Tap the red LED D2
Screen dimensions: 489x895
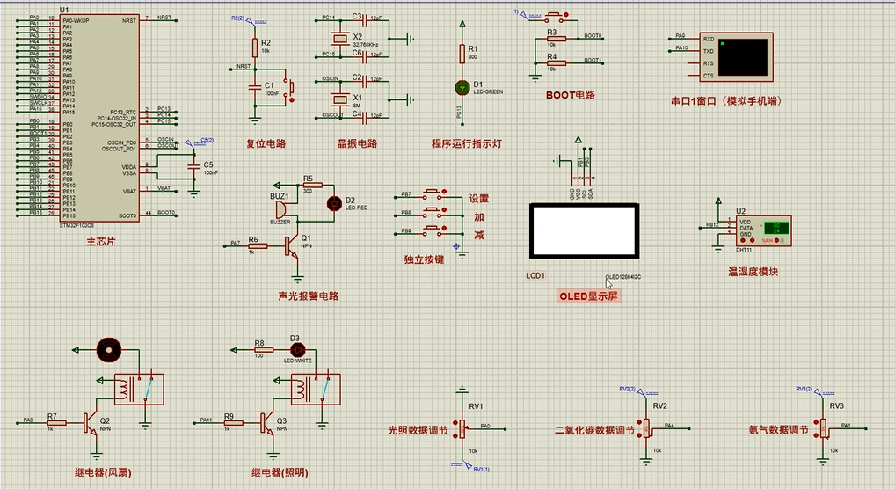coord(333,203)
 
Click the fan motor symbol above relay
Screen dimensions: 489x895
coord(109,350)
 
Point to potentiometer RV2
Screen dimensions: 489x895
coord(647,427)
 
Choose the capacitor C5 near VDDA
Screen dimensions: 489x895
coord(194,167)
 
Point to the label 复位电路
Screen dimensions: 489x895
coord(265,143)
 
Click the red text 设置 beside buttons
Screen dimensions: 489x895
coord(478,199)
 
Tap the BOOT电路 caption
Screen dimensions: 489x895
coord(570,95)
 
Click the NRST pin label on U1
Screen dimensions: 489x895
coord(129,18)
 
